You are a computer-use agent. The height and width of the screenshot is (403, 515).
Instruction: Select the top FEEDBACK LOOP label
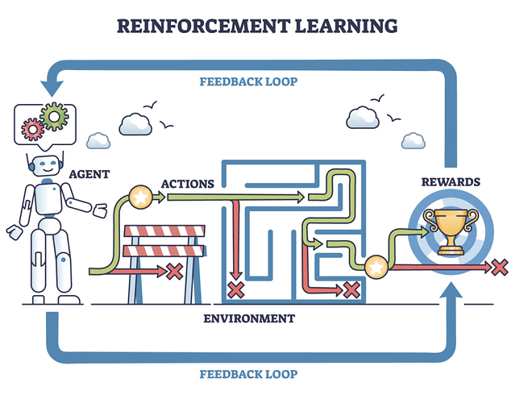click(x=248, y=81)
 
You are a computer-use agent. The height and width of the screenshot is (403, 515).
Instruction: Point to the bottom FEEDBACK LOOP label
click(x=248, y=374)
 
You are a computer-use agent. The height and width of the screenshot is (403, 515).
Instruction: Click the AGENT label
click(x=89, y=173)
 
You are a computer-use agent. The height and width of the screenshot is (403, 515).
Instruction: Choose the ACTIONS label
click(x=187, y=184)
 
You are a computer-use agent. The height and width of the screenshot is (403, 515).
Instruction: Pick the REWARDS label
click(x=451, y=181)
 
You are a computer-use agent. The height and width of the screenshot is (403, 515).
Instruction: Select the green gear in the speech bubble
click(x=54, y=117)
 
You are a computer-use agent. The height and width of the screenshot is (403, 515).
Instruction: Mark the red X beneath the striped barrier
click(x=173, y=271)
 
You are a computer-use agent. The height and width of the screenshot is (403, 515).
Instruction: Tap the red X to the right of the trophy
click(x=500, y=266)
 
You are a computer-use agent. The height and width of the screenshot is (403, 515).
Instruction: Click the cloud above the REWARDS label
click(x=364, y=118)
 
